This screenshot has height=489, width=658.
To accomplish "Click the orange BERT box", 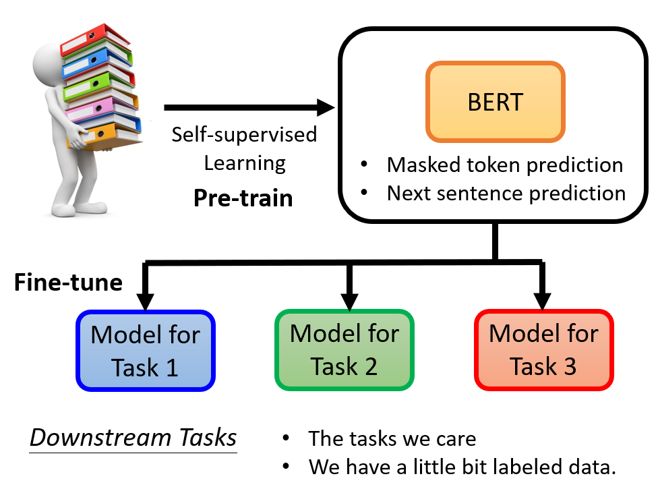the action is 495,102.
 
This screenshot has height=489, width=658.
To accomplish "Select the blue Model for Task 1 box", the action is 146,351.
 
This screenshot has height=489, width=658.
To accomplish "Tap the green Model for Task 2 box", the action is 345,349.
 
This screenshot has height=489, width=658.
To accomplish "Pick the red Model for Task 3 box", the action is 544,349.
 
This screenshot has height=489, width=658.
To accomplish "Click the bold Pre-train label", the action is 243,198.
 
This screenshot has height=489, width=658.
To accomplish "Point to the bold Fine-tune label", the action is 68,282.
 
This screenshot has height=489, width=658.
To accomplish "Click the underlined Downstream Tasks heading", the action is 133,438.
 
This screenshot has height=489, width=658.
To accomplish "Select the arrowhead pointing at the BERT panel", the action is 326,107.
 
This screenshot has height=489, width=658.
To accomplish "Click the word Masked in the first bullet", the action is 424,165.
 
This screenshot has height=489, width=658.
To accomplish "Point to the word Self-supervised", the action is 244,135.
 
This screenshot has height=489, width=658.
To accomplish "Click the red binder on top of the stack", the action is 96,40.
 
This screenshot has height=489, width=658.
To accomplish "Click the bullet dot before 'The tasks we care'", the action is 286,438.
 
